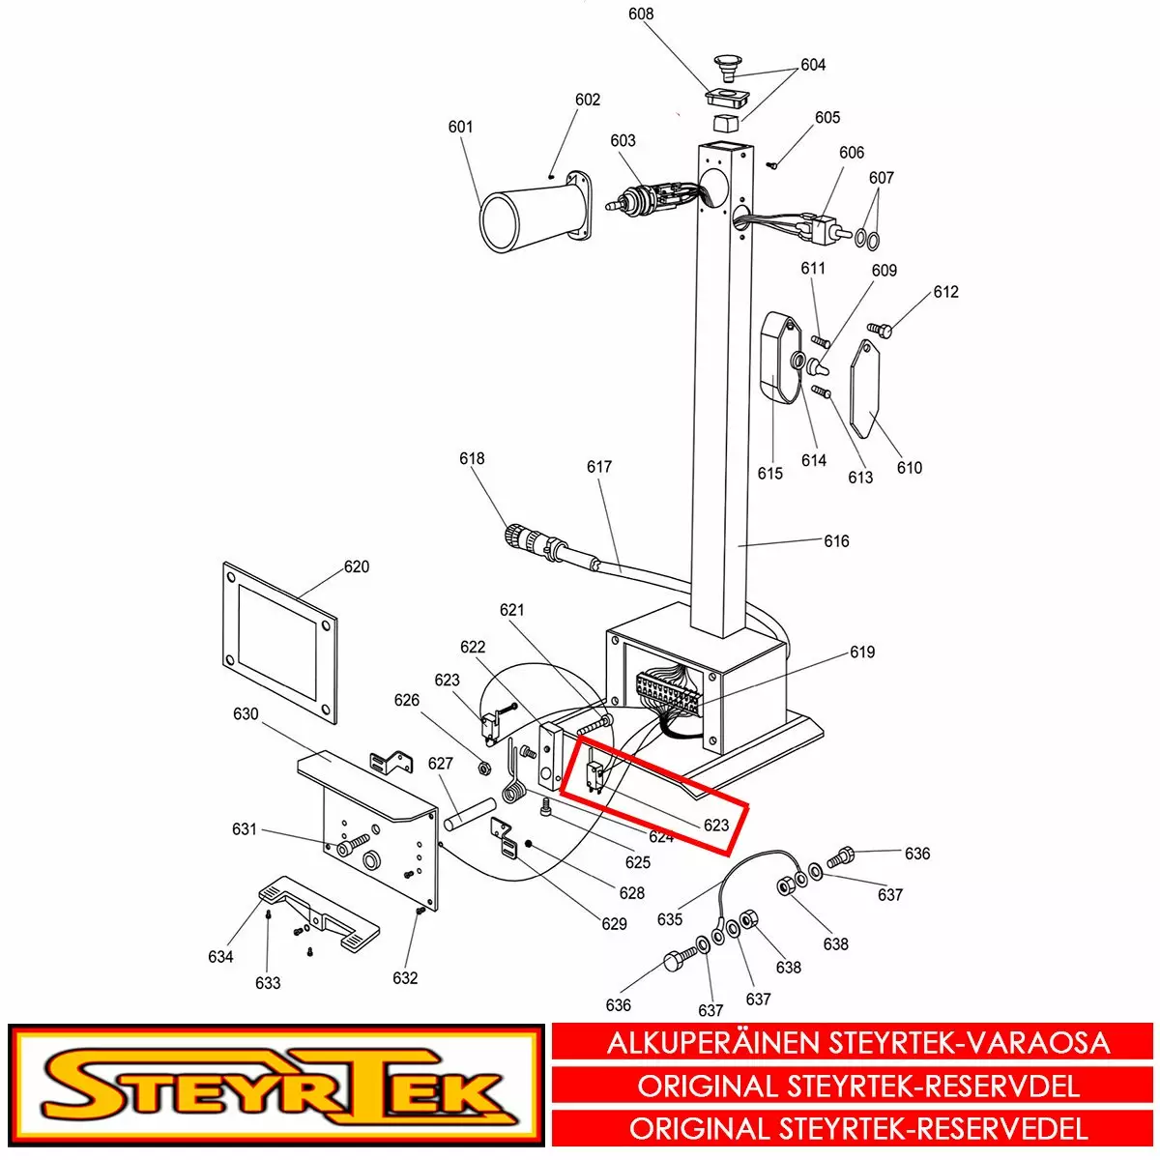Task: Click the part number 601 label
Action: [x=460, y=127]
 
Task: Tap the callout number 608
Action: [x=641, y=14]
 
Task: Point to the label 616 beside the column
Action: [x=836, y=541]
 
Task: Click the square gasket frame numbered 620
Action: [x=280, y=642]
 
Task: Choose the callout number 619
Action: [x=862, y=652]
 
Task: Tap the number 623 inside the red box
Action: [x=716, y=826]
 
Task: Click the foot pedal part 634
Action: [x=320, y=913]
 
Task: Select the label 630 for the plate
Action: [x=246, y=714]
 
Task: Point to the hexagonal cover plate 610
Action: [x=865, y=390]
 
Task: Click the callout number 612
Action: [x=945, y=292]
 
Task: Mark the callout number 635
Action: [x=670, y=919]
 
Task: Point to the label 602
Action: [x=588, y=100]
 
